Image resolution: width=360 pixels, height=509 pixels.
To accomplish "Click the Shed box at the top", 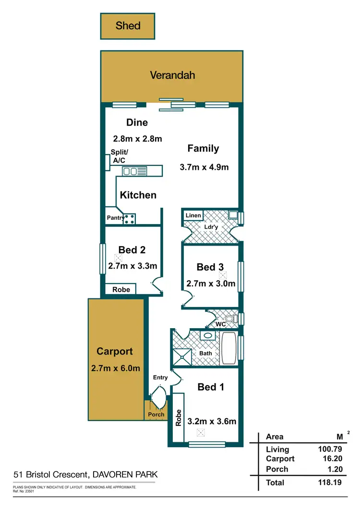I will coord(128,26).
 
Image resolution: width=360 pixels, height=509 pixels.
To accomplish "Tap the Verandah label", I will coord(172,75).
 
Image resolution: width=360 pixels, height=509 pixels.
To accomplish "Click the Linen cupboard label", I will coord(193,215).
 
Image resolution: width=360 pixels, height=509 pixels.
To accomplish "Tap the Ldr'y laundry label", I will coord(211,226).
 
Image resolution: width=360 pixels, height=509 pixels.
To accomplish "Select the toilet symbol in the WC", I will coord(230,319).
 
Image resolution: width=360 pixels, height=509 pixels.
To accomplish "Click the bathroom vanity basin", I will coord(208,336).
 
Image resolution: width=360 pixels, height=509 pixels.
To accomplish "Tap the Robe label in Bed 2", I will coord(121,289).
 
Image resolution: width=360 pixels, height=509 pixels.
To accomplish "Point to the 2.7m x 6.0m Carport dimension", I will coord(115,368).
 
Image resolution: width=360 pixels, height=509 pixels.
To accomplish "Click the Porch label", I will coord(156,414).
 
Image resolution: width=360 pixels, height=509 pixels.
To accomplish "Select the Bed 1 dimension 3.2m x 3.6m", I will coord(212,422).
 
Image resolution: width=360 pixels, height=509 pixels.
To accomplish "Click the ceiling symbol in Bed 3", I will coord(222,275).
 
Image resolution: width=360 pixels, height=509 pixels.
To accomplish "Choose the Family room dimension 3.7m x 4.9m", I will coord(204,167).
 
